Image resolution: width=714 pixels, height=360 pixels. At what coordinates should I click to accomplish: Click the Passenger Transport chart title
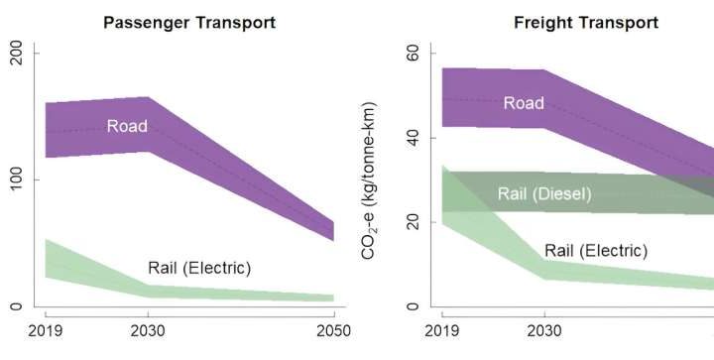tap(189, 21)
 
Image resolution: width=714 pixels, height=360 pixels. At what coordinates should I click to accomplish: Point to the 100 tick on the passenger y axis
tap(16, 180)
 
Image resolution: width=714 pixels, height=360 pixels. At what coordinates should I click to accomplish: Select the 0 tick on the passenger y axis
tap(16, 306)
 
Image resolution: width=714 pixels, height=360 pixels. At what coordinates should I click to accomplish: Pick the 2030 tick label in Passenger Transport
tap(148, 331)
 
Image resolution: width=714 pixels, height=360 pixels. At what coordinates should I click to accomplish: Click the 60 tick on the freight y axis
tap(413, 52)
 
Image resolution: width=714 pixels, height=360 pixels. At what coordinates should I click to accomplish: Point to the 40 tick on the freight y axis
tap(413, 137)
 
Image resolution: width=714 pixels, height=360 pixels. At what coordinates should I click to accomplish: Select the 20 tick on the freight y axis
tap(413, 222)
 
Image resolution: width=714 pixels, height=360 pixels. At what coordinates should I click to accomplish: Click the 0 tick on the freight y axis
tap(413, 306)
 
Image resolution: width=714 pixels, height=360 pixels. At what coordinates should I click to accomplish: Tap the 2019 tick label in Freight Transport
tap(441, 331)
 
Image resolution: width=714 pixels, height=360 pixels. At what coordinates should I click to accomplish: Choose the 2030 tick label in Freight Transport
tap(543, 331)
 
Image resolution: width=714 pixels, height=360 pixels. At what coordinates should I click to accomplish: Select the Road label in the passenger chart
tap(127, 126)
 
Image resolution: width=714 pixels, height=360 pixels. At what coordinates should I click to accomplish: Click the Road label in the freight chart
tap(523, 103)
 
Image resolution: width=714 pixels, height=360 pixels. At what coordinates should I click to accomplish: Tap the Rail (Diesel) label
tap(543, 194)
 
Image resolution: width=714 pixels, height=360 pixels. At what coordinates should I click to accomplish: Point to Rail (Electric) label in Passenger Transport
tap(199, 268)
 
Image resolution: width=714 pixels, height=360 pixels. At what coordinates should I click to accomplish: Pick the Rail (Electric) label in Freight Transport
tap(595, 251)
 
